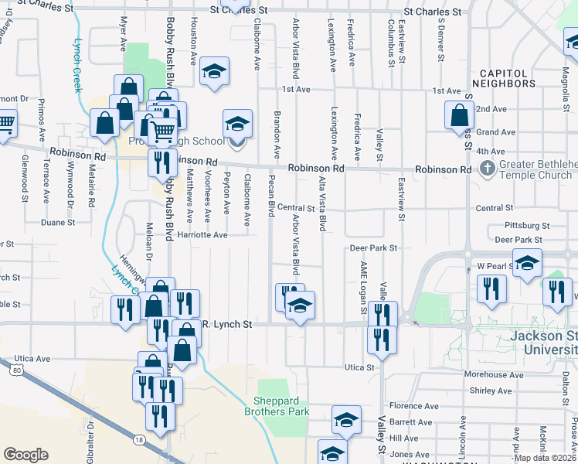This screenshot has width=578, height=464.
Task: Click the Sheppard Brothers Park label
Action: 282,406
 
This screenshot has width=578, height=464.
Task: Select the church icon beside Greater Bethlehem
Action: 487,168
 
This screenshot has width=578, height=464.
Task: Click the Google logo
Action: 25,455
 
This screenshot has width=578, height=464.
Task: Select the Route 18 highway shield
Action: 138,438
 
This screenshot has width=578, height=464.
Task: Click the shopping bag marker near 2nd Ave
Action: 459,114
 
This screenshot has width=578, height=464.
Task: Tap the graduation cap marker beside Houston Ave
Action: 214,70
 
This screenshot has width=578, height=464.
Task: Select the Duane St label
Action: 58,222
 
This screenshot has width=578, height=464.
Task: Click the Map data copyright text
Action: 546,458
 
